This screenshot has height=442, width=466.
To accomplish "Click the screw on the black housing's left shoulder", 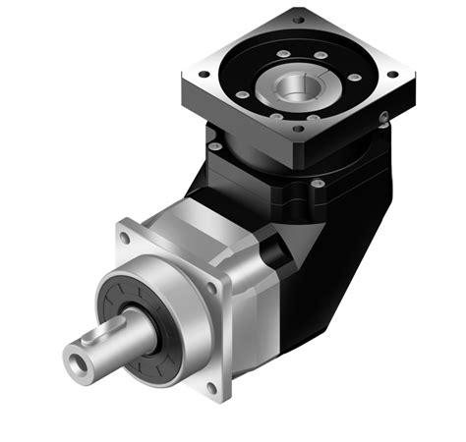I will point(213,145).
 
